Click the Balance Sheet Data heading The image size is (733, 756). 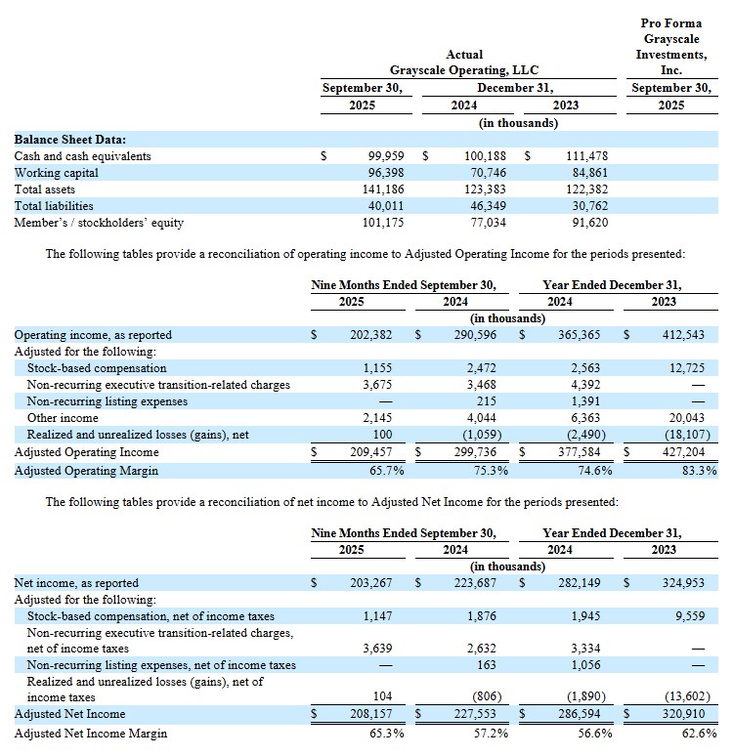69,140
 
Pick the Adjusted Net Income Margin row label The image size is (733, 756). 90,733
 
